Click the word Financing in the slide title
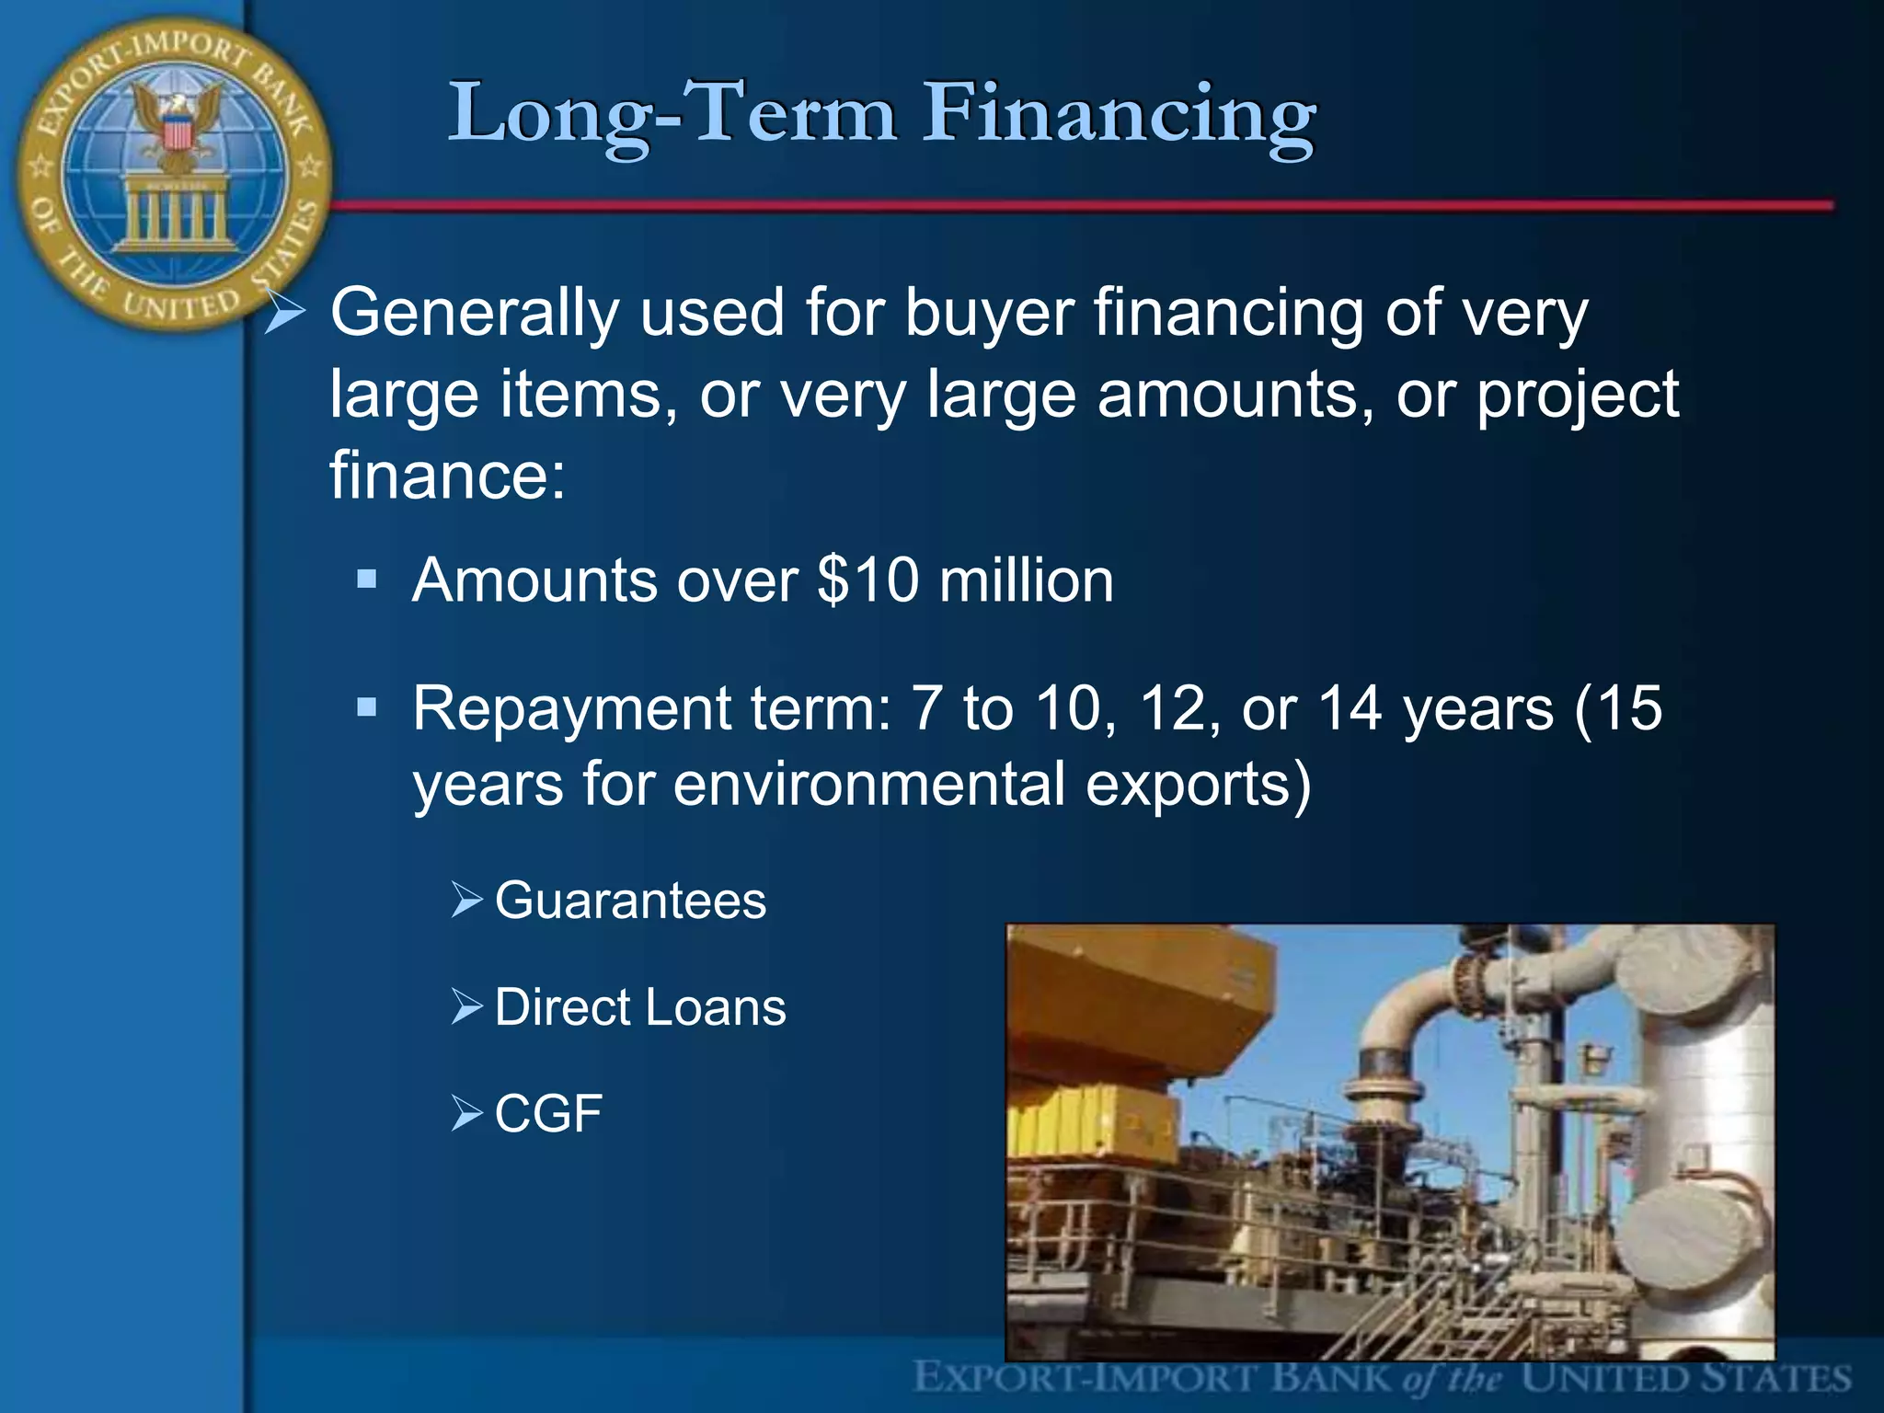coord(1120,115)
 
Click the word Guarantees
coord(630,900)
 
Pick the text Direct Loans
coord(640,1006)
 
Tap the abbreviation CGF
coord(548,1113)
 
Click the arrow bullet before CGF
coord(466,1113)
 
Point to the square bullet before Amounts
coord(367,579)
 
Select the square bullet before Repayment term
coord(367,706)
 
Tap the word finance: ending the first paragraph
coord(447,475)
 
